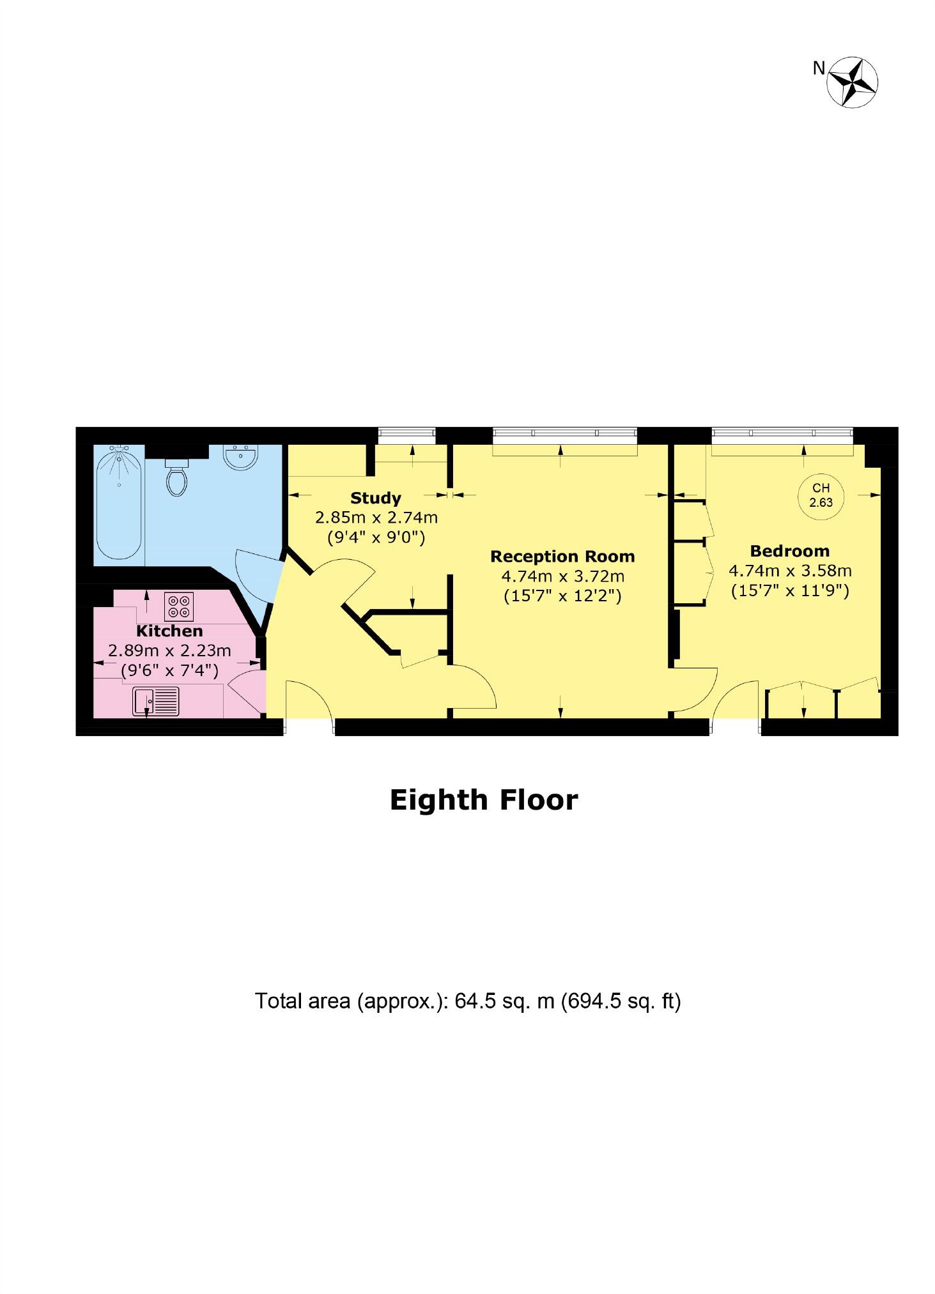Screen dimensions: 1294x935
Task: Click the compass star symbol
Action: tap(852, 81)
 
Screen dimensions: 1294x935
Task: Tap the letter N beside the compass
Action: tap(819, 68)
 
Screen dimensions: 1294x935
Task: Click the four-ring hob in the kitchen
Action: tap(178, 606)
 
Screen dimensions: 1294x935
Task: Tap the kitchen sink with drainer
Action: tap(156, 701)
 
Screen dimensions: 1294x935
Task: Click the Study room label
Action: tap(375, 498)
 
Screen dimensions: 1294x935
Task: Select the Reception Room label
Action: tap(562, 556)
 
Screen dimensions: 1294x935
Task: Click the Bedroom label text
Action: tap(789, 551)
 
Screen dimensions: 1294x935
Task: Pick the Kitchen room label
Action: tap(169, 631)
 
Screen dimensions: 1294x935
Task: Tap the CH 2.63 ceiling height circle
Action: tap(821, 495)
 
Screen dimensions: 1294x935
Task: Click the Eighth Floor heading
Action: tap(484, 800)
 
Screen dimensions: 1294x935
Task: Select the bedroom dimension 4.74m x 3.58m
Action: tap(790, 571)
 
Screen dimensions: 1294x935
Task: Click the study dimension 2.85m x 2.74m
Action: tap(376, 517)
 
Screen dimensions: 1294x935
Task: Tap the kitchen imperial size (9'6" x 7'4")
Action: tap(169, 670)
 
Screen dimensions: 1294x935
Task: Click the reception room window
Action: tap(565, 435)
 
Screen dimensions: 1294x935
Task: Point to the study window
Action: tap(406, 435)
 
